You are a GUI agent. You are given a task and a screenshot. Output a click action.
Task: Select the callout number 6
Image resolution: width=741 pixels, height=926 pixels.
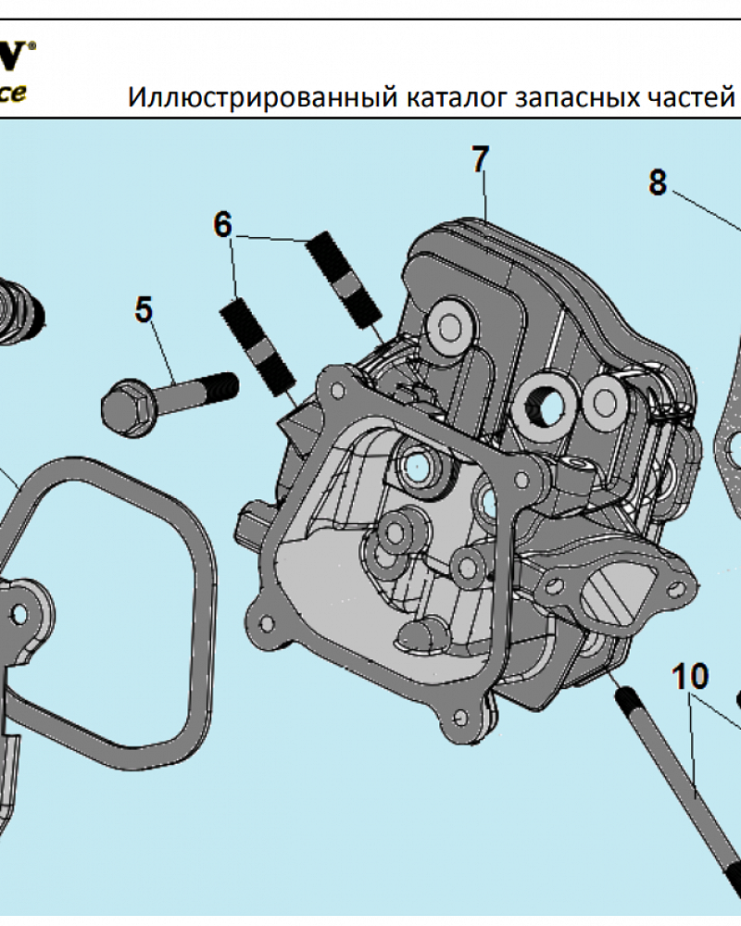pos(222,225)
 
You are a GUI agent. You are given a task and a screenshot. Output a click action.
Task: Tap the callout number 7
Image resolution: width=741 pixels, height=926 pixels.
pos(478,159)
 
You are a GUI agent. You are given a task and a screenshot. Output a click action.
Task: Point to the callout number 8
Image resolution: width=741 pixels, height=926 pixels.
pos(657,182)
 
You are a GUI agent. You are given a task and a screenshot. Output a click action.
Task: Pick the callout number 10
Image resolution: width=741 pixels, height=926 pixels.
pos(690,677)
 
